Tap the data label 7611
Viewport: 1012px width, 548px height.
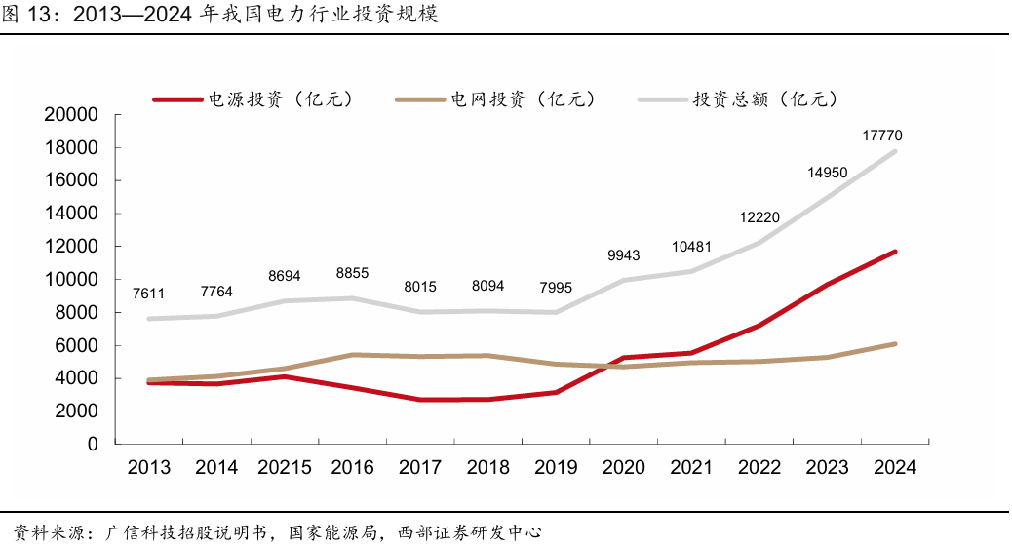point(149,294)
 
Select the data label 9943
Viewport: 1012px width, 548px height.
point(623,255)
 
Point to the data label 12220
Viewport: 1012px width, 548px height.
point(759,217)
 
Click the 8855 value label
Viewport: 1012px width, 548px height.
point(352,274)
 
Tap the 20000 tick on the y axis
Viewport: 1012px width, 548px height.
point(71,115)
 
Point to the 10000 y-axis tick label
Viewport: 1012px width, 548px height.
point(71,280)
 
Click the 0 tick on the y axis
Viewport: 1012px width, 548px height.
point(93,445)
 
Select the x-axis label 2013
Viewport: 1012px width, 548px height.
point(149,468)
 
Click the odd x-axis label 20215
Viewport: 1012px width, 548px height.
point(285,468)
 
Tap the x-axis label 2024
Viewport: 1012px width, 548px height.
point(894,468)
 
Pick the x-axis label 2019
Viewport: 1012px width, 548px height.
point(556,468)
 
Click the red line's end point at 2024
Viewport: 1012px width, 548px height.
point(894,252)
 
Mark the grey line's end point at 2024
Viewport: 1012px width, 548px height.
point(894,151)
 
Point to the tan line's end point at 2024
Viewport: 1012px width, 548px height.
point(894,343)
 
